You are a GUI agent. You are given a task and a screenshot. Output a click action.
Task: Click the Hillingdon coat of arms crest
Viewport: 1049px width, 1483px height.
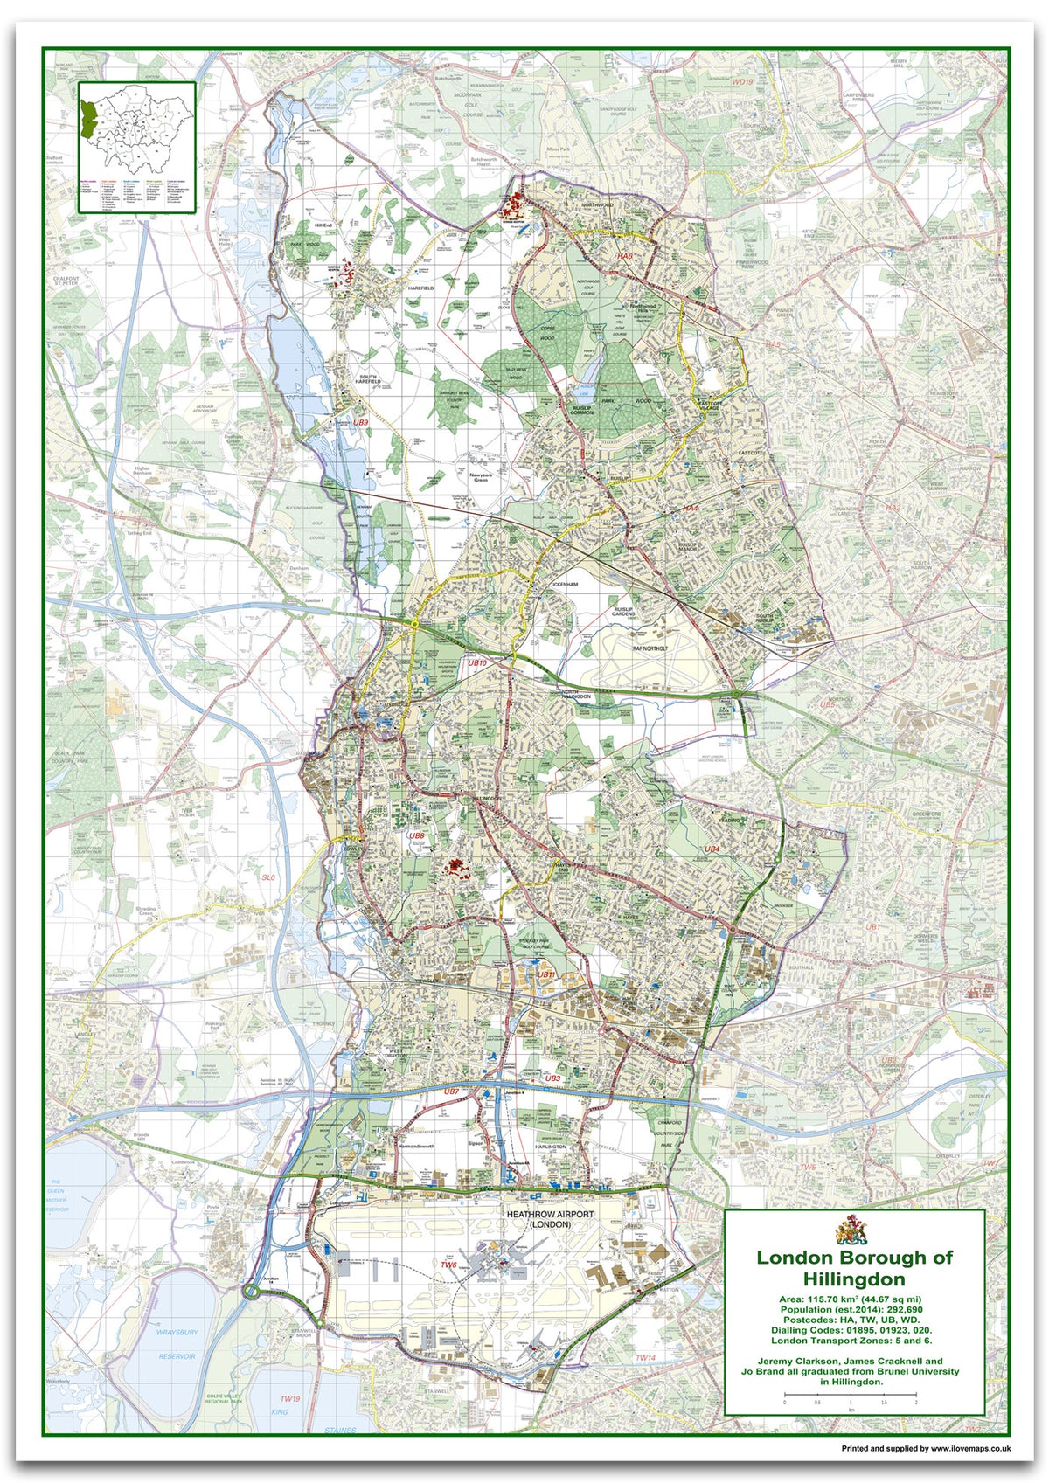click(853, 1230)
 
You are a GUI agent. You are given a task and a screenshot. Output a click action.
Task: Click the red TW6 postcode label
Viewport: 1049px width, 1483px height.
click(448, 1265)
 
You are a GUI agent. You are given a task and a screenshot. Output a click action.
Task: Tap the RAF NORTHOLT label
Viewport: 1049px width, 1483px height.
click(650, 648)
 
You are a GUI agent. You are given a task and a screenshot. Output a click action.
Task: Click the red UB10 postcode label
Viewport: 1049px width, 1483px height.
click(477, 663)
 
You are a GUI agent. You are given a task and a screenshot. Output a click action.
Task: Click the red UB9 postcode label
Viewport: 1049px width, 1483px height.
click(361, 422)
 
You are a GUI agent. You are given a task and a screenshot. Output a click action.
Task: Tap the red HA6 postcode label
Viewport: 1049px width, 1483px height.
click(623, 256)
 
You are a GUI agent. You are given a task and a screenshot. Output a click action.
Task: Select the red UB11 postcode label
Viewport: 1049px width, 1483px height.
click(546, 974)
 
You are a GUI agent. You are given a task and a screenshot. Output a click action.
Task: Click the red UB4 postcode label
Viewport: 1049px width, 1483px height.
click(712, 848)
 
